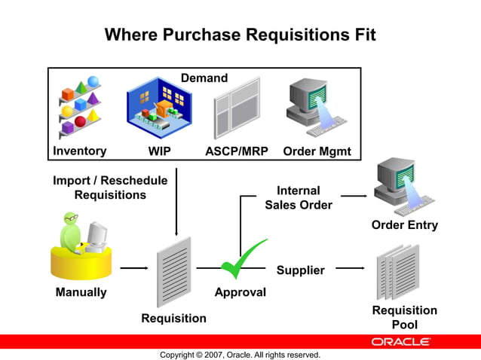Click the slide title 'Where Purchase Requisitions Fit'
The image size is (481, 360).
click(x=240, y=35)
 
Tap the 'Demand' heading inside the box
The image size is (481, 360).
click(x=204, y=78)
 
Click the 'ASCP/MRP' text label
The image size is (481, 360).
click(x=235, y=151)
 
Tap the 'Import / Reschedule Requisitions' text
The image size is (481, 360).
click(x=110, y=188)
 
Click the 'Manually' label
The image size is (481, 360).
click(x=81, y=292)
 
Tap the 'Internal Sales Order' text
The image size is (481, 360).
click(x=299, y=197)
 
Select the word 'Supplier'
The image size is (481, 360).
click(x=300, y=270)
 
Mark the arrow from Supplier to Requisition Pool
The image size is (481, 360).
click(x=351, y=267)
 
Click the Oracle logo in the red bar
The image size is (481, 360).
click(x=400, y=341)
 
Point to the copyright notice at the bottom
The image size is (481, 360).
click(x=240, y=354)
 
